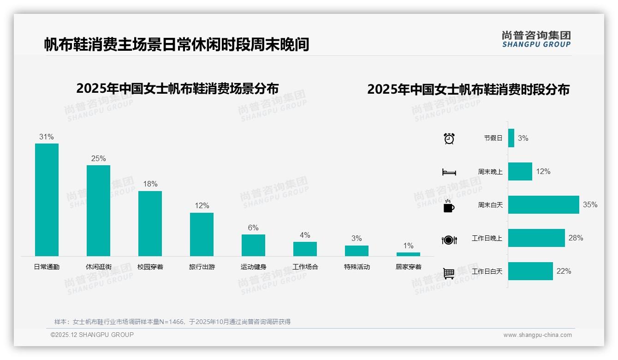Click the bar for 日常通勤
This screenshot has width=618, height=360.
coord(47,199)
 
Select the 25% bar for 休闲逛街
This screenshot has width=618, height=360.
coord(98,210)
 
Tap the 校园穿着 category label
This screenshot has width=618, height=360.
coord(150,267)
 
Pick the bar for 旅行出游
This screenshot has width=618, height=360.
coord(202,234)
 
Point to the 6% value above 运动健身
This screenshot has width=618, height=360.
coord(253,228)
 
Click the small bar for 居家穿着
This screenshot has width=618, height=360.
coord(408,254)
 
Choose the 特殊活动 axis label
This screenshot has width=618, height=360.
coord(357,267)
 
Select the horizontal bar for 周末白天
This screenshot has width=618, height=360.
coord(543,204)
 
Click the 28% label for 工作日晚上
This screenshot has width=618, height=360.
coord(576,238)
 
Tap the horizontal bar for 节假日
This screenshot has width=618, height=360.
coord(511,138)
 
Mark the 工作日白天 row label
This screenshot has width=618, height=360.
coord(487,271)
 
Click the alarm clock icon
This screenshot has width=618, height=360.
coord(449,138)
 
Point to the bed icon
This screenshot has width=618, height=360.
coord(449,172)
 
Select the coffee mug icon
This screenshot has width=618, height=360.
coord(449,206)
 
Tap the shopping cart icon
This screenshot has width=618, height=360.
coord(449,273)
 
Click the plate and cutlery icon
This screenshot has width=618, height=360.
coord(449,240)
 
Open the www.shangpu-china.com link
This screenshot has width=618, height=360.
coord(537,335)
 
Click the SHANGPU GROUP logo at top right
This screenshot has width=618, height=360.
coord(536,39)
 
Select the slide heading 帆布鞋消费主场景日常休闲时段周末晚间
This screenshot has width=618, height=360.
coord(177,45)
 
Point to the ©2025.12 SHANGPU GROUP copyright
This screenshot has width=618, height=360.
coord(92,335)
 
